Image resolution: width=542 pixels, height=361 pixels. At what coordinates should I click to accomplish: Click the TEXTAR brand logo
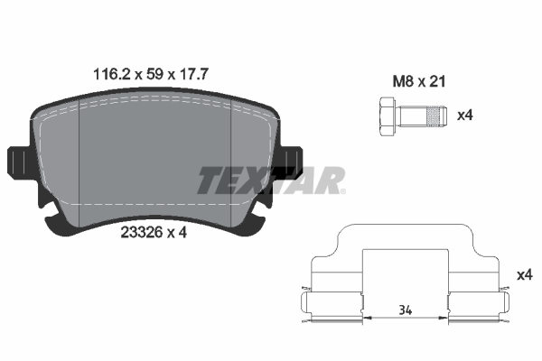click(x=271, y=180)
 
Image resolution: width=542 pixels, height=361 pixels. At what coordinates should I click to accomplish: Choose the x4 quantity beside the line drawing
click(x=523, y=274)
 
